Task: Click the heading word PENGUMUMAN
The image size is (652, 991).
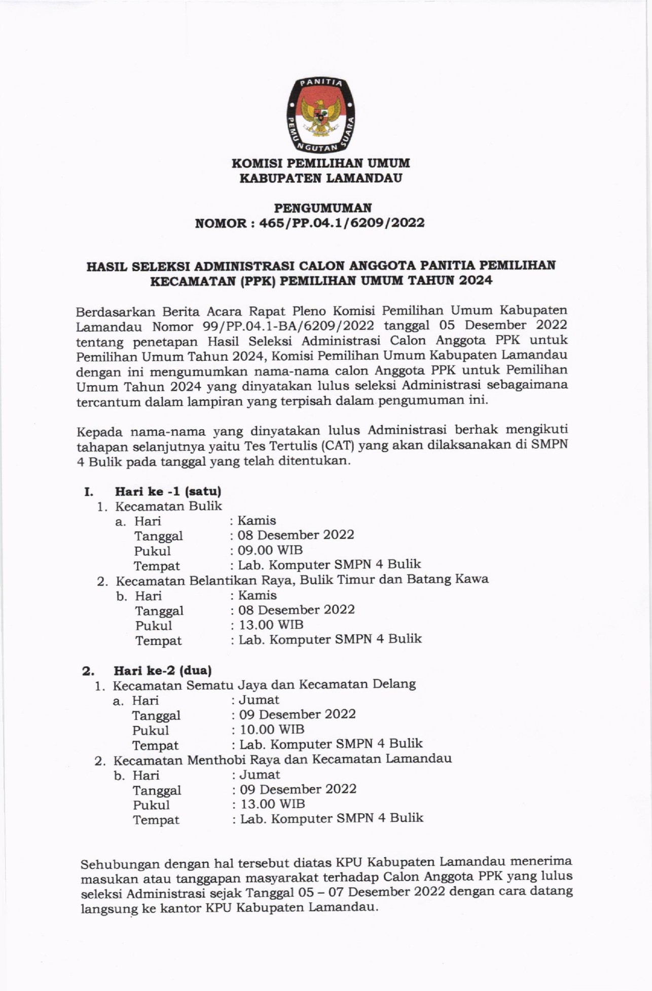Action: (x=322, y=208)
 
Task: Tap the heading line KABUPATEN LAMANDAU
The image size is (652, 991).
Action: (x=320, y=178)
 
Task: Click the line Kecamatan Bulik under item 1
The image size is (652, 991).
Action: (x=168, y=506)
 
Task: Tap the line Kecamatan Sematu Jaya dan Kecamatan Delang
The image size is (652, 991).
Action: (x=264, y=685)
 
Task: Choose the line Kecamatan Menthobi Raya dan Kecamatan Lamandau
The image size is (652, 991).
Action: (x=282, y=759)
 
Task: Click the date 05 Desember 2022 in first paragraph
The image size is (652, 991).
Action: (x=503, y=325)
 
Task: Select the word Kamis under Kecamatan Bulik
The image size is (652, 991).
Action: (x=257, y=521)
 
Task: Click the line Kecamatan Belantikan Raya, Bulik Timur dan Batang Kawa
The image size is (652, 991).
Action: (x=302, y=580)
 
